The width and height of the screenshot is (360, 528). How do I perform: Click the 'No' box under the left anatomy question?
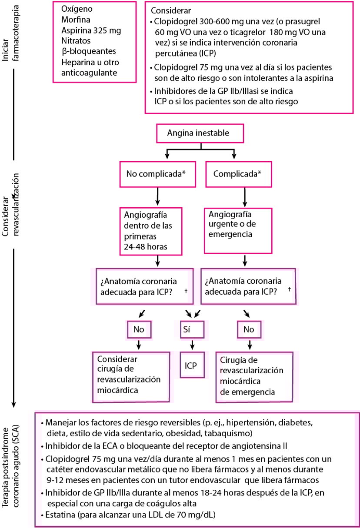(139, 330)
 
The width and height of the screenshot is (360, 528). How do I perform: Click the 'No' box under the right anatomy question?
(249, 330)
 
